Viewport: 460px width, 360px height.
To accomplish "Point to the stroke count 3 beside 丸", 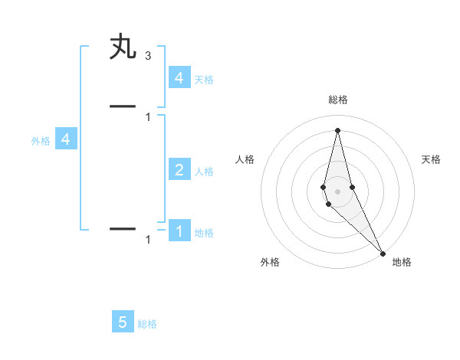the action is [148, 56].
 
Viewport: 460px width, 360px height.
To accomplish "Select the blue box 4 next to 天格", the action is [179, 77].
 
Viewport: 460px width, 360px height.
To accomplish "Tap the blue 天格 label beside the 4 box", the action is [204, 79].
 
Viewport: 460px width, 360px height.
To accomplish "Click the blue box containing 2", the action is [179, 169].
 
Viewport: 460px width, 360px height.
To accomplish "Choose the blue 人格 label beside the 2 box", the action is [204, 172].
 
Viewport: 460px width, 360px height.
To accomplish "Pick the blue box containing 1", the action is [179, 231].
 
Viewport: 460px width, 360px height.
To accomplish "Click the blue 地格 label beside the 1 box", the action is [204, 233].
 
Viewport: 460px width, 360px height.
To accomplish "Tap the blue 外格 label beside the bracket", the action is [41, 141].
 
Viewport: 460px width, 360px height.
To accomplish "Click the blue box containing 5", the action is [123, 322].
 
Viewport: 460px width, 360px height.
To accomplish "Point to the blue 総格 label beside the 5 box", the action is [147, 324].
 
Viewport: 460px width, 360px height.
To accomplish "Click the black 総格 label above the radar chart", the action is [338, 100].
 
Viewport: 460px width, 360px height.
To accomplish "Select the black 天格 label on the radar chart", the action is [432, 159].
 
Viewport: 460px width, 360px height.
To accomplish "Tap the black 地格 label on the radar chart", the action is [402, 262].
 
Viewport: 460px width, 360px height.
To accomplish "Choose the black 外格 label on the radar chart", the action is [270, 262].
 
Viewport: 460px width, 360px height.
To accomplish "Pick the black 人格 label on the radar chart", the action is [245, 159].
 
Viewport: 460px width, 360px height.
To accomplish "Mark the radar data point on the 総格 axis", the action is [337, 129].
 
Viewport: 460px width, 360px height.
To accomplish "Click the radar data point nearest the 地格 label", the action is [382, 252].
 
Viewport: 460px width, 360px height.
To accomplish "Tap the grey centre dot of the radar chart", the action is [337, 191].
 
